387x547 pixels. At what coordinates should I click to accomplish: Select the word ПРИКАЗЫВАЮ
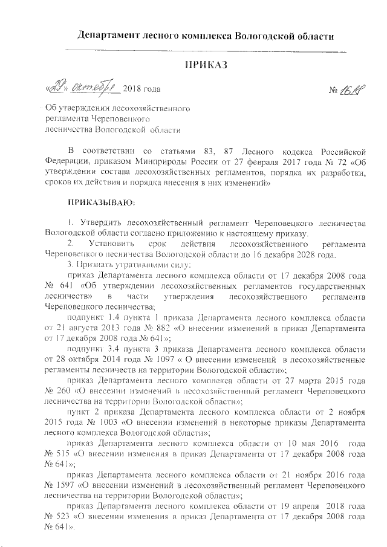coord(103,200)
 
